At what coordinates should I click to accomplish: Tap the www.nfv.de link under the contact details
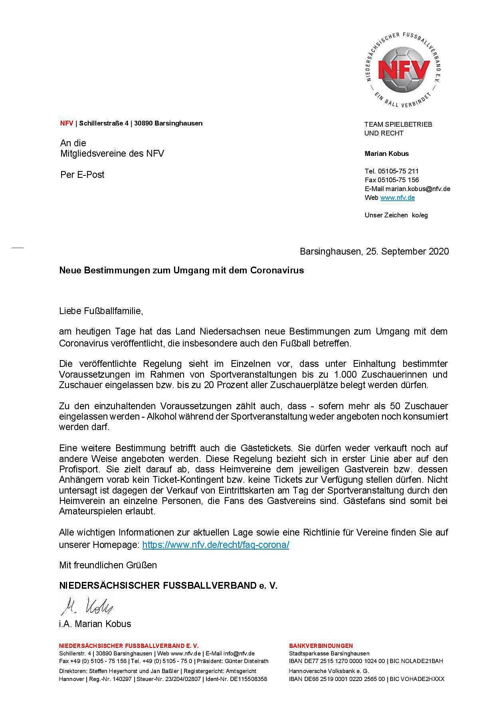pos(397,197)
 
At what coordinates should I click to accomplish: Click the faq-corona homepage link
pos(216,545)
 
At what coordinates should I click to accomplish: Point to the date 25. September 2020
pos(407,251)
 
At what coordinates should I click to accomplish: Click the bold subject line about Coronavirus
pos(182,270)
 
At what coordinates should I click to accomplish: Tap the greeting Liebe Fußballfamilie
pos(101,311)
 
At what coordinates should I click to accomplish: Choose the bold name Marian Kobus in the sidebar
pos(386,153)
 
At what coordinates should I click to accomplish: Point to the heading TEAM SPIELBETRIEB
pos(398,124)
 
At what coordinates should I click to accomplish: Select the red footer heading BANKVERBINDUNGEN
pos(321,646)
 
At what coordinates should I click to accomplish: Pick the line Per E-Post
pos(82,175)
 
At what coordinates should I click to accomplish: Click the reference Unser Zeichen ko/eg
pos(396,215)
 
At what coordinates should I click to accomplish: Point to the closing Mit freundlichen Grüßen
pos(108,565)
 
